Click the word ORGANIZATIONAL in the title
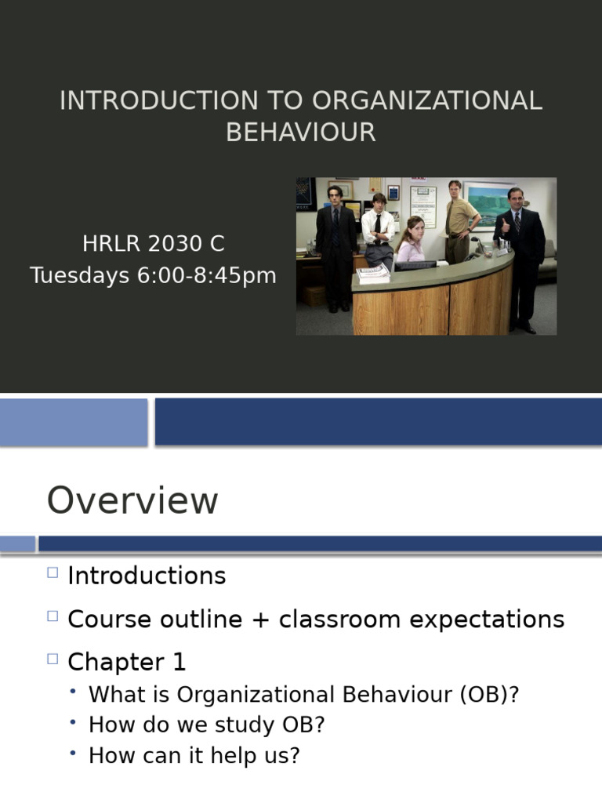click(427, 101)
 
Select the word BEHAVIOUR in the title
click(301, 133)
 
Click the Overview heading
click(132, 501)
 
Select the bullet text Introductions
click(147, 576)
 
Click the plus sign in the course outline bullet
click(263, 620)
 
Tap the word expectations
click(487, 620)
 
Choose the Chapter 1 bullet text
click(127, 663)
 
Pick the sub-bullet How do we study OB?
click(206, 725)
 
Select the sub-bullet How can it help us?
click(194, 756)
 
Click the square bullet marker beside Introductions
click(53, 572)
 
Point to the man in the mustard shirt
click(459, 220)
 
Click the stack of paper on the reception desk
click(373, 274)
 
